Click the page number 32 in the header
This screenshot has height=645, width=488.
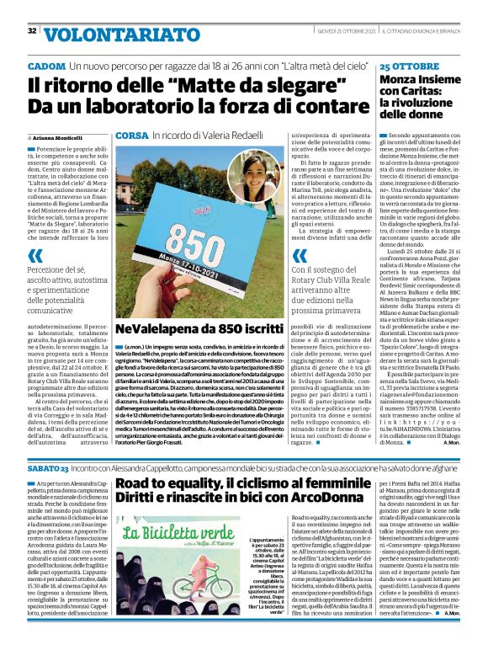pos(32,31)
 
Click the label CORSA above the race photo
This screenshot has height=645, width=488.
pos(131,136)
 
